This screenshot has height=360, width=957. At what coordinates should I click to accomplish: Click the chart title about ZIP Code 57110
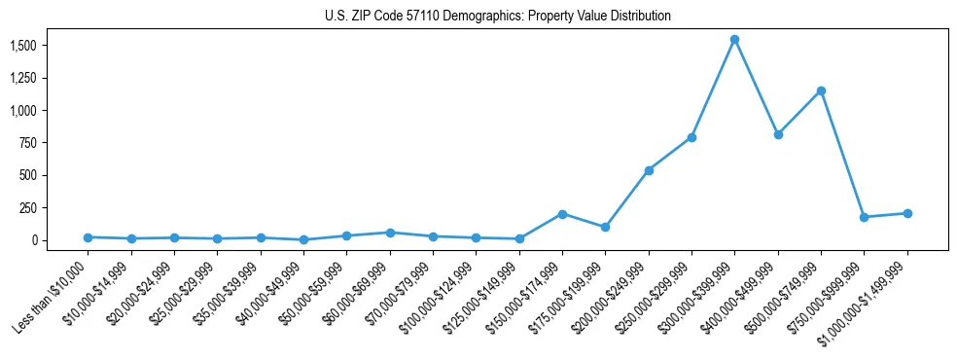pos(497,17)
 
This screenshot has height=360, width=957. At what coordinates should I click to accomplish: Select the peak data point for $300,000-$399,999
pos(734,40)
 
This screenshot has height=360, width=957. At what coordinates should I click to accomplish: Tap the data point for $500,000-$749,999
pos(821,91)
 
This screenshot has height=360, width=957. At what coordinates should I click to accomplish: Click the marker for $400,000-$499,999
pos(778,134)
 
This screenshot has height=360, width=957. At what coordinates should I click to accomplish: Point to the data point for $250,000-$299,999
pos(691,137)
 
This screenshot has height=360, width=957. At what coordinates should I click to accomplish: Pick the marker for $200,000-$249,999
pos(649,170)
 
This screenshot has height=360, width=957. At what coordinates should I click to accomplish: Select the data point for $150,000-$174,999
pos(562,214)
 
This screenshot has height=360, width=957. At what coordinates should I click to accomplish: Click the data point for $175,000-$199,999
pos(605,227)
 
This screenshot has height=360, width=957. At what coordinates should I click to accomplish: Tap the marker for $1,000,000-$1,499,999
pos(907,213)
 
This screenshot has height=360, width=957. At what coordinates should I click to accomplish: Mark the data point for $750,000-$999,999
pos(864,217)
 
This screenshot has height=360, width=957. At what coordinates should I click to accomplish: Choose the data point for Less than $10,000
pos(88,237)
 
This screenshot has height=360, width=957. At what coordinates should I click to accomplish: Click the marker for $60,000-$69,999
pos(390,233)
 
